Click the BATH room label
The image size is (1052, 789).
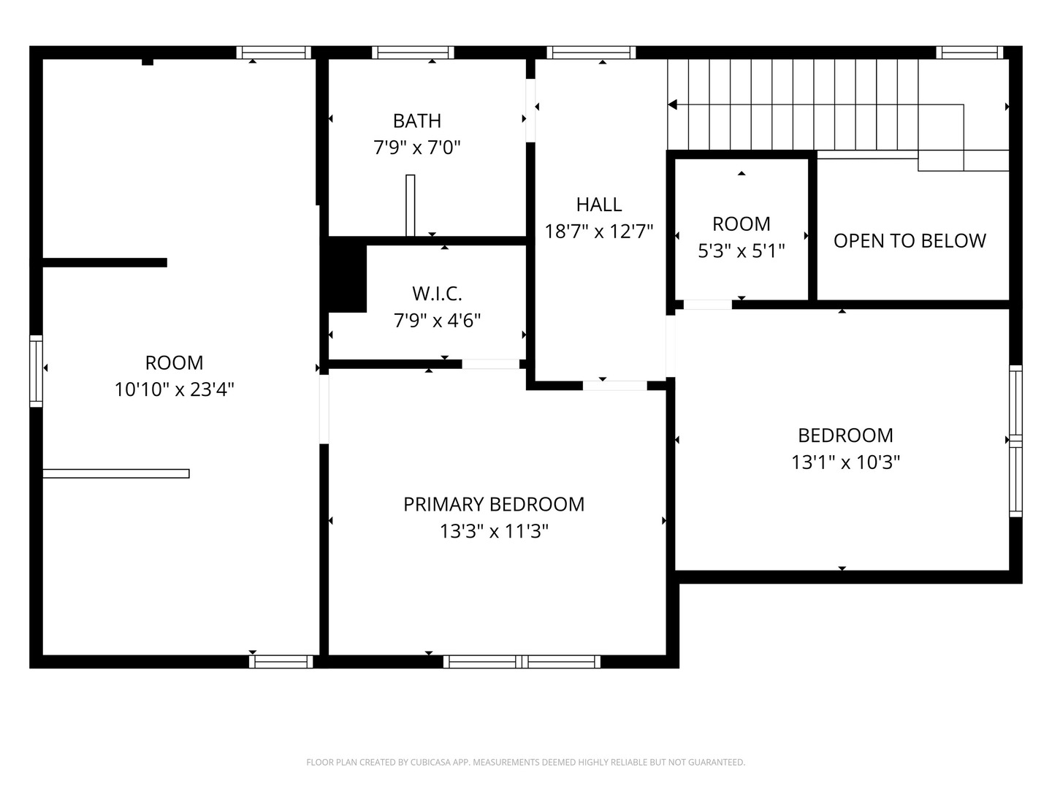tap(416, 121)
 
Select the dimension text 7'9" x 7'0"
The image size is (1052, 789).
tap(416, 148)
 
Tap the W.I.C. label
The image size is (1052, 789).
tap(437, 294)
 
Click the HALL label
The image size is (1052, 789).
tap(599, 205)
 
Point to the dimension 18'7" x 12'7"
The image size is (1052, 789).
tap(599, 232)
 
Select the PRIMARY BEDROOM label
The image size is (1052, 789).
tap(494, 504)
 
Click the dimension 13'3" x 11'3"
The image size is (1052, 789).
tap(494, 531)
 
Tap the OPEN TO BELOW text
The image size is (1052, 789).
tap(910, 241)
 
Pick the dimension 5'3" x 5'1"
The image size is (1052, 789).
tap(741, 251)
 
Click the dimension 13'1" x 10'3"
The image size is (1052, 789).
tap(845, 462)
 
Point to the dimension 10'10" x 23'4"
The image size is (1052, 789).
tap(174, 389)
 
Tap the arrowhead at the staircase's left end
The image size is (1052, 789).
tap(673, 105)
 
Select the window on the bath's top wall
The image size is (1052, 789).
tap(413, 53)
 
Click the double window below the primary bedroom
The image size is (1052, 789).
tap(522, 662)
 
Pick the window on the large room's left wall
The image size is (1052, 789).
tap(36, 370)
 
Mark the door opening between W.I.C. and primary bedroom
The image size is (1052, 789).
tap(490, 364)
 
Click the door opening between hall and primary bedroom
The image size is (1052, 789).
tap(614, 386)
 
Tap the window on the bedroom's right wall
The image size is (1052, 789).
tap(1015, 441)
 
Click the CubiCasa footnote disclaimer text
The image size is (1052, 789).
tap(525, 762)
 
